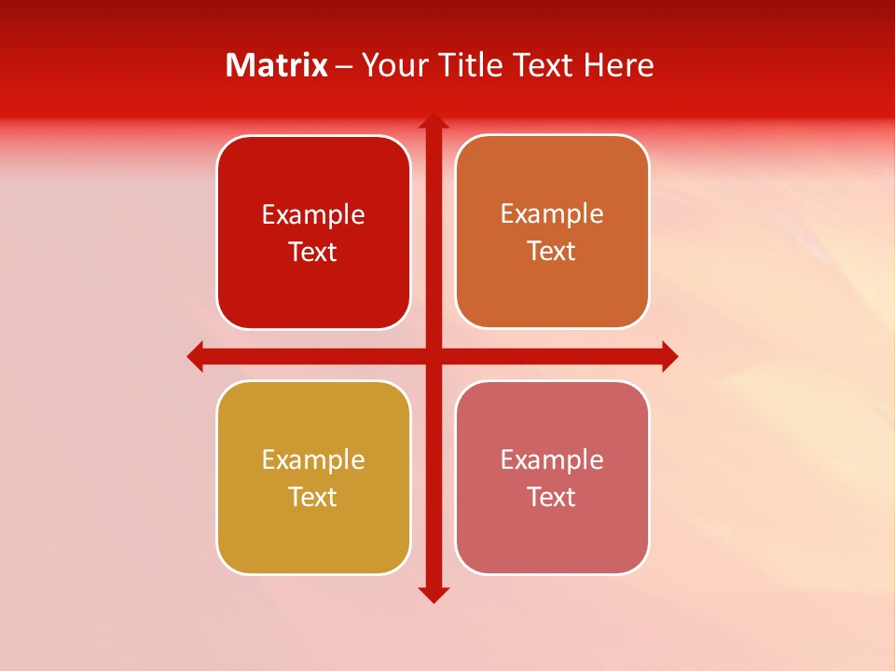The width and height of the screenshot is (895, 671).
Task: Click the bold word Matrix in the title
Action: [277, 65]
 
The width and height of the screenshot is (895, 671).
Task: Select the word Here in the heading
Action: [619, 65]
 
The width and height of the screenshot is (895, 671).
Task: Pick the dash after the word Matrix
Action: [344, 65]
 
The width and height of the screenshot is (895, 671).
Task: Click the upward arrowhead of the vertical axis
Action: [433, 121]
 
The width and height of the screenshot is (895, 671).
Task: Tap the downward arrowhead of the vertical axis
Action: [433, 594]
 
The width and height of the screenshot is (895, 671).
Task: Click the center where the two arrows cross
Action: [433, 356]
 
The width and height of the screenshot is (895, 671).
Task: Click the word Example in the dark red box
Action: [313, 214]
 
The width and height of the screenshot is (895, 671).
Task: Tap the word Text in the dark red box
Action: [312, 252]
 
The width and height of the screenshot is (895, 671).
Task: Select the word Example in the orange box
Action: [552, 213]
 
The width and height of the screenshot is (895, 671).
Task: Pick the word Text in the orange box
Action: [551, 251]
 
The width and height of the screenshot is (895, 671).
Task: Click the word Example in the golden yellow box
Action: [313, 459]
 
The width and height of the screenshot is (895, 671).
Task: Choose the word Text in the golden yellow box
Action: [312, 497]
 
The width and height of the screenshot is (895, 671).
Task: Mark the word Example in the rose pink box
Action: [552, 459]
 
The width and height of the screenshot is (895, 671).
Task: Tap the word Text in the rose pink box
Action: [551, 497]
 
